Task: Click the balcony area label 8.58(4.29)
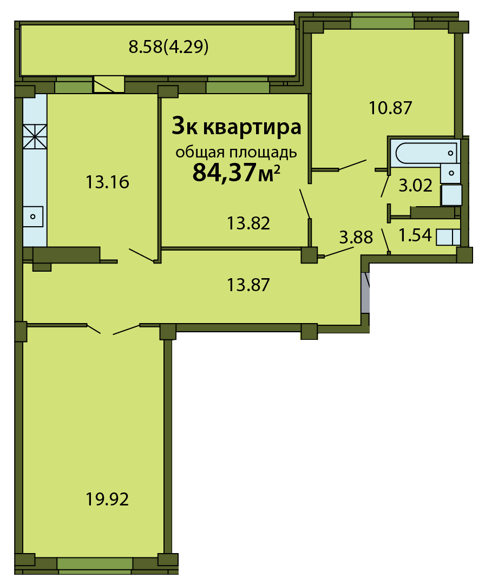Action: pos(168,47)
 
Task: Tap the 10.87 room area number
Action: pos(390,108)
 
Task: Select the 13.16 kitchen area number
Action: pos(107,182)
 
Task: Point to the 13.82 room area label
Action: pos(248,223)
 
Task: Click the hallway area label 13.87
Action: pos(248,285)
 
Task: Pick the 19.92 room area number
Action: pos(107,499)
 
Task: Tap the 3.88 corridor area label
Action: pos(356,237)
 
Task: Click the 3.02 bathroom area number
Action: pos(415,185)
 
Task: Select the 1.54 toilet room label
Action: pos(415,235)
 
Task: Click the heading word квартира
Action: pos(252,127)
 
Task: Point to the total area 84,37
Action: pos(224,172)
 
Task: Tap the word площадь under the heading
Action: pos(263,153)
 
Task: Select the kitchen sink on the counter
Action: pos(33,216)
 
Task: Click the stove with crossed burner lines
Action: pos(35,136)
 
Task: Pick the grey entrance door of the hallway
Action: pos(365,293)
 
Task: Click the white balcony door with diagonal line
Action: pos(109,84)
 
